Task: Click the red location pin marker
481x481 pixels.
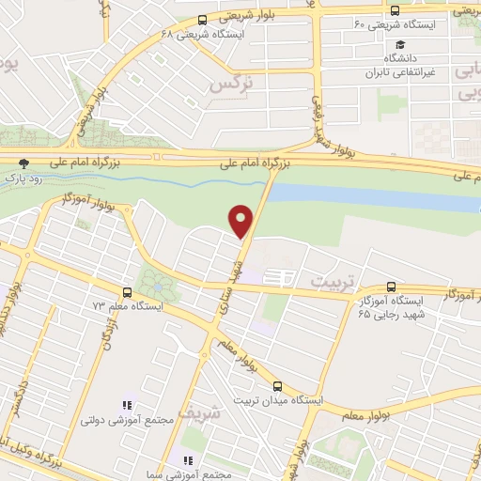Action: [x=241, y=221]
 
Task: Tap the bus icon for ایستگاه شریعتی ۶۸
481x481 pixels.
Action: [x=203, y=20]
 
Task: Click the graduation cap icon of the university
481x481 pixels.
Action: [x=400, y=44]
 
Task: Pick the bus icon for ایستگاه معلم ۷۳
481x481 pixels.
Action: [x=128, y=292]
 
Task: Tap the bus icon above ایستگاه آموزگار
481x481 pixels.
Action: [x=391, y=287]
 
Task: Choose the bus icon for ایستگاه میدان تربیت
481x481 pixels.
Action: [x=276, y=385]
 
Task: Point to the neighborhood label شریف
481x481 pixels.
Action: [x=210, y=411]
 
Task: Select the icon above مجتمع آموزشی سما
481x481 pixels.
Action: [x=187, y=460]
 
